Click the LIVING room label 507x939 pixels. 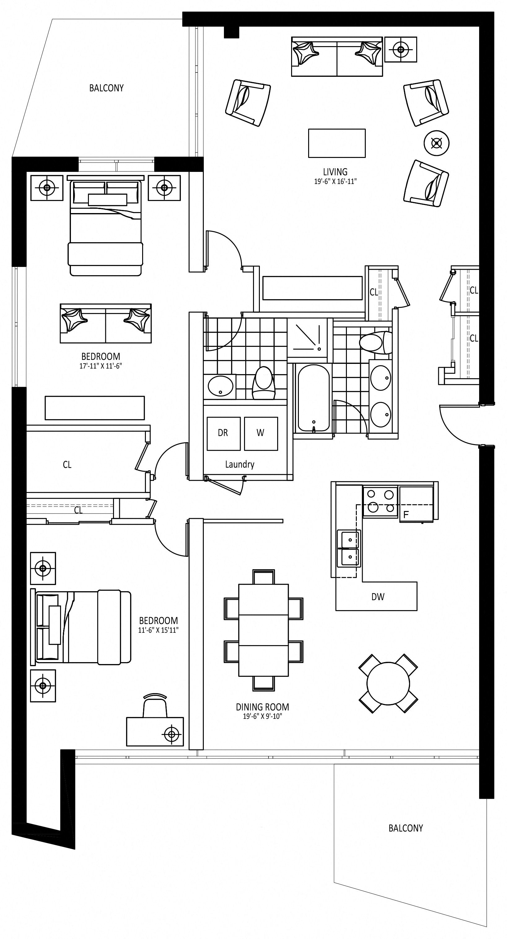point(335,172)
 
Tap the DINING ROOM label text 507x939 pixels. point(262,707)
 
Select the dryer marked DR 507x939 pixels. point(223,433)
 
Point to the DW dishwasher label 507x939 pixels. point(378,597)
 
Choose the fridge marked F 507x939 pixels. point(417,504)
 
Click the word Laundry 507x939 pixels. point(239,465)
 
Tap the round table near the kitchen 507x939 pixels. point(388,684)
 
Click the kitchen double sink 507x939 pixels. point(349,548)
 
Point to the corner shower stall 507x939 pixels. point(310,338)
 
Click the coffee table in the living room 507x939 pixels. point(337,143)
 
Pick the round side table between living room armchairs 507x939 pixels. point(437,143)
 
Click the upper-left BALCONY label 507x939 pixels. point(107,88)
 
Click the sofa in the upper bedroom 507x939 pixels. point(106,323)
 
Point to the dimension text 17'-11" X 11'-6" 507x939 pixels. point(101,366)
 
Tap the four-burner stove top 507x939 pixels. point(380,502)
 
